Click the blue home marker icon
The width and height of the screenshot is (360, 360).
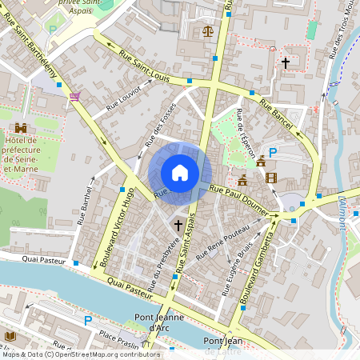(180, 173)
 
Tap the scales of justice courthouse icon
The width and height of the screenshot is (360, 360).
(208, 32)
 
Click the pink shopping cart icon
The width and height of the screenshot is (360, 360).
(75, 96)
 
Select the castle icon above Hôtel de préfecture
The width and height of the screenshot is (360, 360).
(21, 127)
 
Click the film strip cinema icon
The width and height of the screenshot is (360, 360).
(271, 178)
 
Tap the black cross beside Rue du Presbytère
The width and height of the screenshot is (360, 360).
(177, 226)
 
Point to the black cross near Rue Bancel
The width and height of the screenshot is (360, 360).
(285, 62)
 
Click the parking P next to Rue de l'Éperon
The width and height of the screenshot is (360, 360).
(273, 153)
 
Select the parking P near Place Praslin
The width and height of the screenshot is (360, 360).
(88, 321)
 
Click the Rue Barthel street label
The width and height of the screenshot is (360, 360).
(86, 206)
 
